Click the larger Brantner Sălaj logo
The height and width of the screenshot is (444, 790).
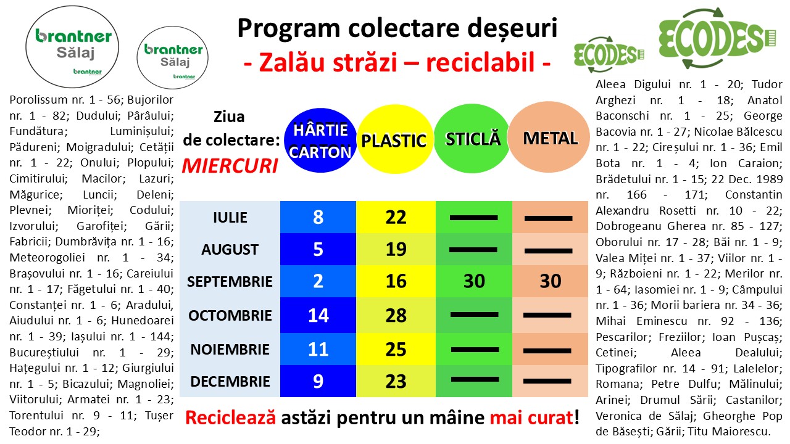coord(72,47)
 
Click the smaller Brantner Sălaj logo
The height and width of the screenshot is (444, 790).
coord(172,57)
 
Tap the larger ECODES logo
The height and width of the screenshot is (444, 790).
coord(717,38)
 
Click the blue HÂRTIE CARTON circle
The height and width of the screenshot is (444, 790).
coord(320,140)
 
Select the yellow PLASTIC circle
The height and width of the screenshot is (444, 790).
coord(395,139)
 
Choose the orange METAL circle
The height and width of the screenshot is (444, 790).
coord(549,137)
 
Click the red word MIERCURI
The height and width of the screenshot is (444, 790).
coord(230,166)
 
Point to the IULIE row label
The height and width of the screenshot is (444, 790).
coord(230,218)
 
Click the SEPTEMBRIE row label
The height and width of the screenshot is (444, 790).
coord(230,281)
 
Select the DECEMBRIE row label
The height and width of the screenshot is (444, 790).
coord(230,381)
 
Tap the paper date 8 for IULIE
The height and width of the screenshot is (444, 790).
coord(318,217)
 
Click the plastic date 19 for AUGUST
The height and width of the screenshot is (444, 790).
coord(396,249)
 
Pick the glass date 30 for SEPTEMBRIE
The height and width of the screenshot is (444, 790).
coord(474,281)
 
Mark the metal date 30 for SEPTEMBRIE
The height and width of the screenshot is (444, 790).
coord(550,281)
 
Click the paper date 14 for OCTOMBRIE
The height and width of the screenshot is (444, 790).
coord(318,315)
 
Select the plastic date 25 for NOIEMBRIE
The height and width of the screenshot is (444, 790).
coord(396,349)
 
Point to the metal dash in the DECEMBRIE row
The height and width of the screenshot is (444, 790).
coord(547,381)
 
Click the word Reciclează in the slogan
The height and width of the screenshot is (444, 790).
coord(230,417)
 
